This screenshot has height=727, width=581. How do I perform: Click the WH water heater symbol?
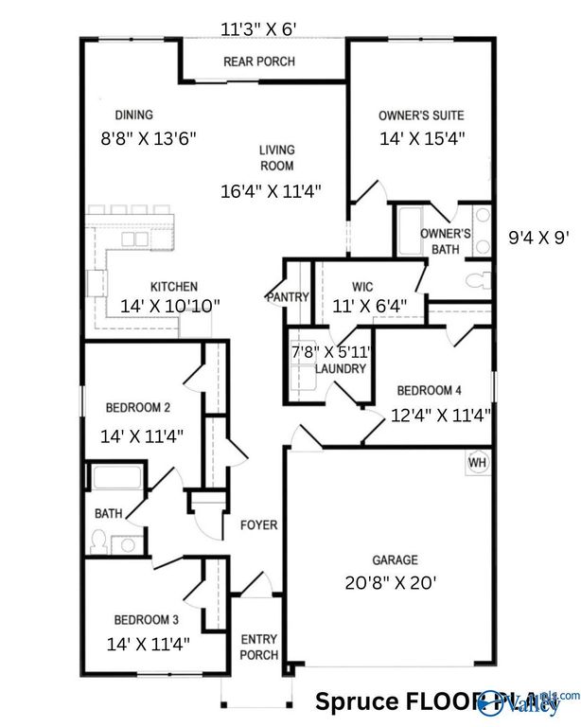(476, 462)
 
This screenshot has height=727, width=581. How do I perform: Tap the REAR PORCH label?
(258, 62)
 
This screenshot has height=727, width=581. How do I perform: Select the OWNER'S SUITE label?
(421, 115)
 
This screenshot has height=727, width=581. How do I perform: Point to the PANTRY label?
(287, 297)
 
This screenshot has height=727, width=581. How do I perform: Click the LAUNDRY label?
(340, 368)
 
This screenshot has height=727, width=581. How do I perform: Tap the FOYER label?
(258, 525)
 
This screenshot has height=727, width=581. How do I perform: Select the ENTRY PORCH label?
(258, 647)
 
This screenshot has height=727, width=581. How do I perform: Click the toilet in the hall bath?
(97, 541)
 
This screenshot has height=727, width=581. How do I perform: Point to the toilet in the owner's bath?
(478, 280)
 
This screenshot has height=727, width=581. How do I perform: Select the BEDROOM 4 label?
(430, 390)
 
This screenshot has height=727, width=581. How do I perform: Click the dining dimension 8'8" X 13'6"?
(149, 137)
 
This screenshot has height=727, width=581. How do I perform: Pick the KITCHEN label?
(174, 286)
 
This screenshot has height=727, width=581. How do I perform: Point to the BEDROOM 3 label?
(142, 621)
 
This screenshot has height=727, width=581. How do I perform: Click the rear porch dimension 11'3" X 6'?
(258, 28)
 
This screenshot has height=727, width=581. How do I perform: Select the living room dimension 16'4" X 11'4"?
(271, 190)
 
